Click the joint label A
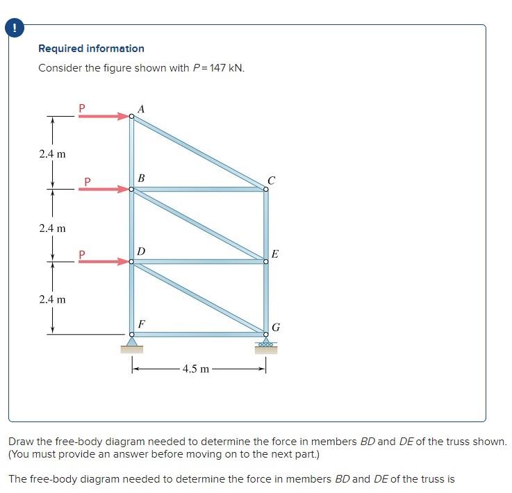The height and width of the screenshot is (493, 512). (142, 109)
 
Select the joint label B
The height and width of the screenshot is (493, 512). (141, 178)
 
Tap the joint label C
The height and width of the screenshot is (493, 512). (271, 181)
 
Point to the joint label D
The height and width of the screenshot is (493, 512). (141, 250)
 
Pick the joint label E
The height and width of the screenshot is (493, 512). (275, 254)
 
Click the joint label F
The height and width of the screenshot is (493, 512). (141, 324)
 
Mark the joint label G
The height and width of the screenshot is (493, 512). (276, 327)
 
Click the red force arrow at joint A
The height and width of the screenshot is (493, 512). (104, 117)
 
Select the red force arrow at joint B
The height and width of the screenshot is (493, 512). (108, 189)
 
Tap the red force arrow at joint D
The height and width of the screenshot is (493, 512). (104, 262)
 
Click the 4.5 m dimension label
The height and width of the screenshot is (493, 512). (195, 369)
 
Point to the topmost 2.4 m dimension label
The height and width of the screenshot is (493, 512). (52, 153)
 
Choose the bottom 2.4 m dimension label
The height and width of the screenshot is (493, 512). (52, 299)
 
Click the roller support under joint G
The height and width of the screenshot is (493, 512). (265, 345)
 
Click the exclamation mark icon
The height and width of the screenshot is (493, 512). (13, 28)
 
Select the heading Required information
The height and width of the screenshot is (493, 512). (91, 49)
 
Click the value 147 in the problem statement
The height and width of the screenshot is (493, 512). (219, 68)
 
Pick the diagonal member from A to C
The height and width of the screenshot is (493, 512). (198, 152)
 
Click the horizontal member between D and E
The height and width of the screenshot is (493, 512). (198, 262)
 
